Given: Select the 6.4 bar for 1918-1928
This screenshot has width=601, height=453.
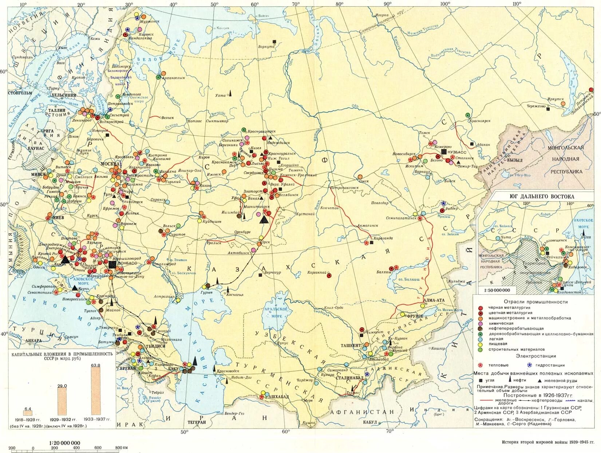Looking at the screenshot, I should pyautogui.click(x=28, y=413).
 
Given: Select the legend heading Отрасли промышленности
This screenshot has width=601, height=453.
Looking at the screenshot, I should pyautogui.click(x=536, y=302).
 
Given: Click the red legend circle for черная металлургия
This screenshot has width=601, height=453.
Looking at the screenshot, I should pyautogui.click(x=480, y=308).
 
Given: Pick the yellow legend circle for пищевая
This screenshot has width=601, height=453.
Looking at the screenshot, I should pyautogui.click(x=480, y=343).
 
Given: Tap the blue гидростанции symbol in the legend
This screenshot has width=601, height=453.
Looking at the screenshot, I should pyautogui.click(x=529, y=365).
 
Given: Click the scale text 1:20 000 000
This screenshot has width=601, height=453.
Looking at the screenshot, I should pyautogui.click(x=65, y=443).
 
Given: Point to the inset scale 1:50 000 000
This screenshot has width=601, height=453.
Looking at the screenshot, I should pyautogui.click(x=497, y=290).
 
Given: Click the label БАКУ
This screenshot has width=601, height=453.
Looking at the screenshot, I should pyautogui.click(x=173, y=369).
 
